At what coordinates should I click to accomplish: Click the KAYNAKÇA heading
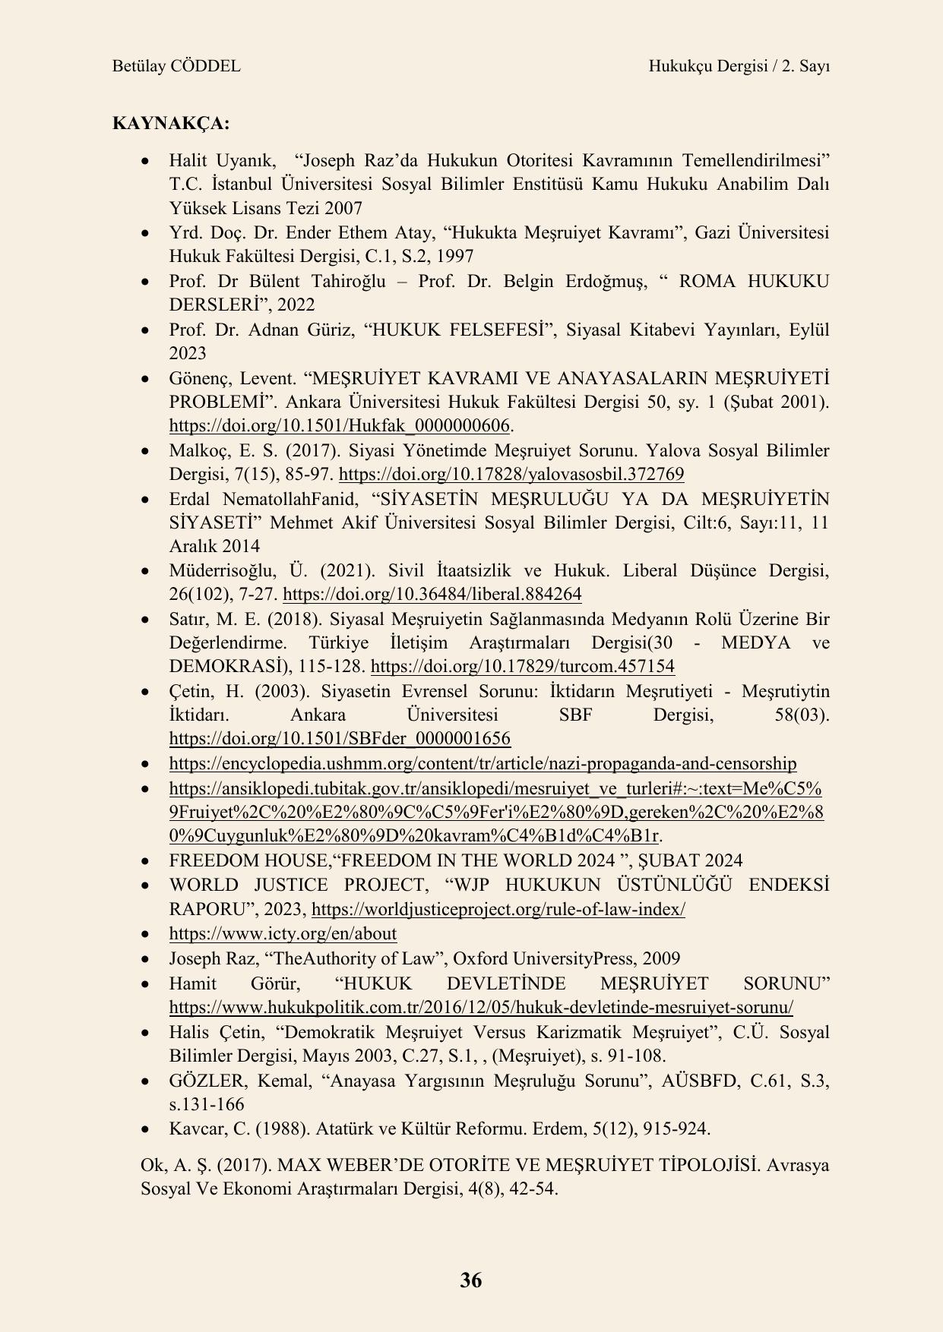pos(170,123)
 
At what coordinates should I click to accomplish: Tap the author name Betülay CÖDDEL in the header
pos(176,66)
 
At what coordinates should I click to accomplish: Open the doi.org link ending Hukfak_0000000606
pos(339,425)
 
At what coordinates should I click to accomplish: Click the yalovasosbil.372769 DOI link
pos(511,475)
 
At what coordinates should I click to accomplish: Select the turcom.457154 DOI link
pos(522,667)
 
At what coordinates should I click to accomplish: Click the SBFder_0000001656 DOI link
pos(339,739)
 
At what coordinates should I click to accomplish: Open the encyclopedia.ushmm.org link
pos(483,764)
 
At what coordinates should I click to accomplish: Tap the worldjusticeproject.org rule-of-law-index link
pos(498,909)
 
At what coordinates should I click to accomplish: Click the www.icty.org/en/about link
pos(283,933)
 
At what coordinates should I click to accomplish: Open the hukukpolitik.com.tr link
pos(481,1008)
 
